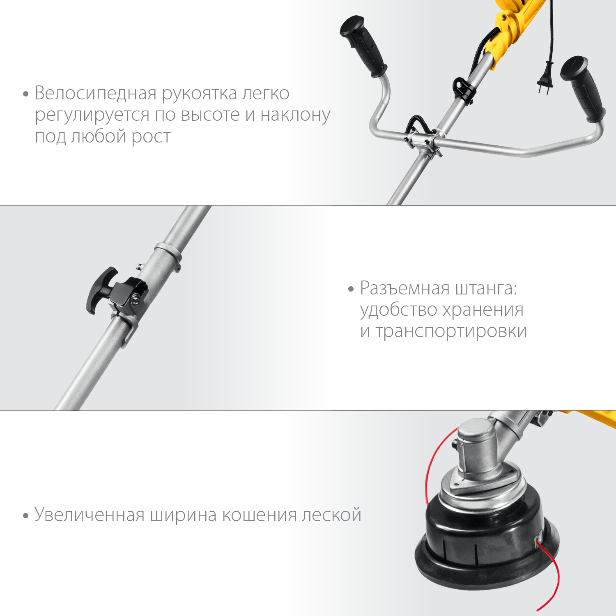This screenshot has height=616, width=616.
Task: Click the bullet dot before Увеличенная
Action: pos(26,515)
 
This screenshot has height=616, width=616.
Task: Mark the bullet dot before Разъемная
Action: pos(351,289)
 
